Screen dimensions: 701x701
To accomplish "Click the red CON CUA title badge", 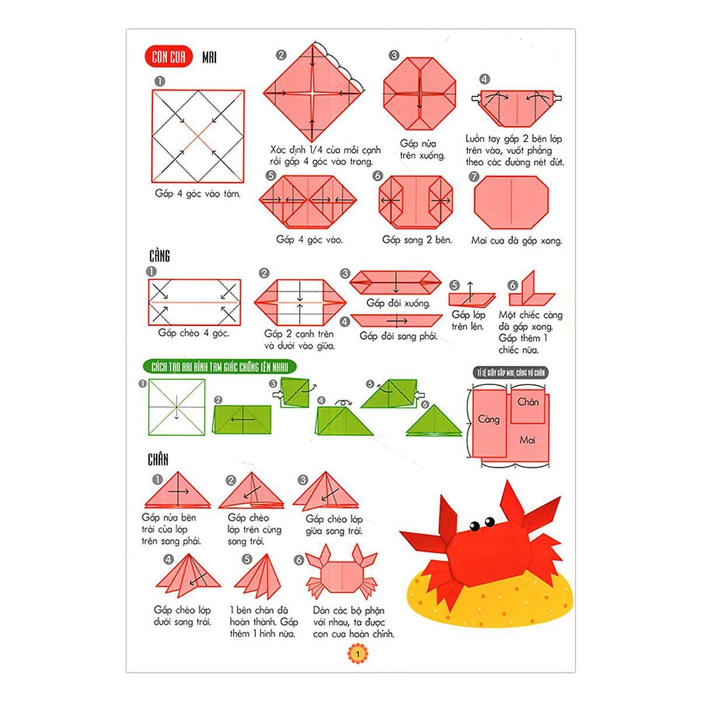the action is click(168, 57).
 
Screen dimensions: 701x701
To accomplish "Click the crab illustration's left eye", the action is click(474, 526).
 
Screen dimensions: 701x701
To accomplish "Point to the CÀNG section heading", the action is click(159, 256).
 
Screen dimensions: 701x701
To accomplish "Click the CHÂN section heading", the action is click(158, 460).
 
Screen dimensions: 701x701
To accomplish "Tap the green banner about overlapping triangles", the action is click(220, 367).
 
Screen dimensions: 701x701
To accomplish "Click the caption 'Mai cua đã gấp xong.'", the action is click(516, 241).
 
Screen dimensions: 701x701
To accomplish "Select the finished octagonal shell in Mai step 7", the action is click(511, 202).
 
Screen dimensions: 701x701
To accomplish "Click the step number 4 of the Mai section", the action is click(484, 79).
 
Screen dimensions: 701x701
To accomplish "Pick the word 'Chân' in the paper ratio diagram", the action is click(528, 402).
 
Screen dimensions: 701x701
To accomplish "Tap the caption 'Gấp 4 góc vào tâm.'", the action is click(197, 193).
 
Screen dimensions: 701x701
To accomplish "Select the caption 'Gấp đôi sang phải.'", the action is click(398, 336).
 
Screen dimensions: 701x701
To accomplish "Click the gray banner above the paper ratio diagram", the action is click(511, 373).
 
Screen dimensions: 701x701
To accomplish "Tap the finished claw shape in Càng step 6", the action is click(532, 289).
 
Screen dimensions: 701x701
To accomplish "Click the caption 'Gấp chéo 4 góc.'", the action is click(194, 333).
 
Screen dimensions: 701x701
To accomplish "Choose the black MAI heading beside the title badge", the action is click(209, 57).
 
